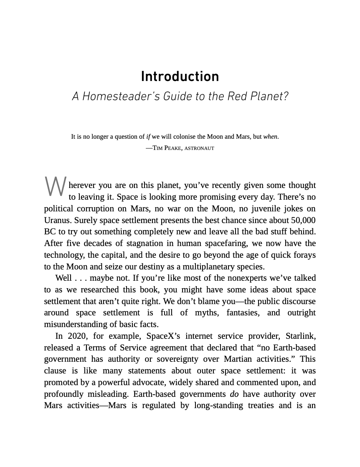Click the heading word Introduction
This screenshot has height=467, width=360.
coord(180,76)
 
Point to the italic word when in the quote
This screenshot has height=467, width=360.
coord(271,137)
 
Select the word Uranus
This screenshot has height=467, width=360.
coord(58,220)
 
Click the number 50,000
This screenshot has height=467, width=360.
coord(300,220)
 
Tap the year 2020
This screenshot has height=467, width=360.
coord(77,336)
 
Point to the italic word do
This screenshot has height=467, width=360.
coord(234,394)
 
